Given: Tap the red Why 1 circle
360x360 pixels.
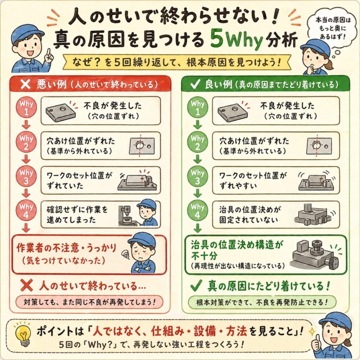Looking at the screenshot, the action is pyautogui.click(x=26, y=108).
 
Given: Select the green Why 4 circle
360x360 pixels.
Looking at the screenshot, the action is pyautogui.click(x=198, y=211).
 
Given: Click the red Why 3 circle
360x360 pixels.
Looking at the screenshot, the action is pyautogui.click(x=26, y=176).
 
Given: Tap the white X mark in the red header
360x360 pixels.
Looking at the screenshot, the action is pyautogui.click(x=25, y=84).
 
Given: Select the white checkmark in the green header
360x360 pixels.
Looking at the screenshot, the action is pyautogui.click(x=195, y=84).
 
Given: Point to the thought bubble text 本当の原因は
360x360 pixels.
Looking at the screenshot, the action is pyautogui.click(x=333, y=20).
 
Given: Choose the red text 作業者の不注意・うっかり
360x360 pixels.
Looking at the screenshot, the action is pyautogui.click(x=66, y=248).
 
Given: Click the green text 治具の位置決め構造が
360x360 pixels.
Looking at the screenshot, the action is pyautogui.click(x=237, y=245).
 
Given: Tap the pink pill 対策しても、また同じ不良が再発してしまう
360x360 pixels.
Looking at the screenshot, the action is pyautogui.click(x=89, y=302).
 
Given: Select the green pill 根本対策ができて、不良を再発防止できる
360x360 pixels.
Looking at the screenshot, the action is pyautogui.click(x=262, y=302).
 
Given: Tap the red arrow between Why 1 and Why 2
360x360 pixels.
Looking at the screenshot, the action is pyautogui.click(x=26, y=125).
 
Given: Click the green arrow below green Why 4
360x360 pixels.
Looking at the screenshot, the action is pyautogui.click(x=198, y=228).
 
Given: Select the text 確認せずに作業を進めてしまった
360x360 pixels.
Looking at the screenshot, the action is pyautogui.click(x=77, y=215).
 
